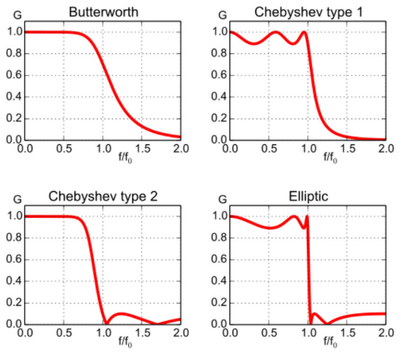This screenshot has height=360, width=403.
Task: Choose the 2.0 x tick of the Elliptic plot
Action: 386,333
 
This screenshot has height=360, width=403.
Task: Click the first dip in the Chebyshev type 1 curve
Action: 254,43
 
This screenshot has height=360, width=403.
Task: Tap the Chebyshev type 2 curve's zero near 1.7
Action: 158,324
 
